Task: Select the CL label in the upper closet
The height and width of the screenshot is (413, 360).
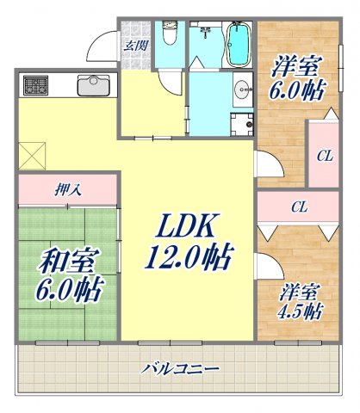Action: [324, 157]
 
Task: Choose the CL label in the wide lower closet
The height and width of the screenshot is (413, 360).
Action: [299, 206]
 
